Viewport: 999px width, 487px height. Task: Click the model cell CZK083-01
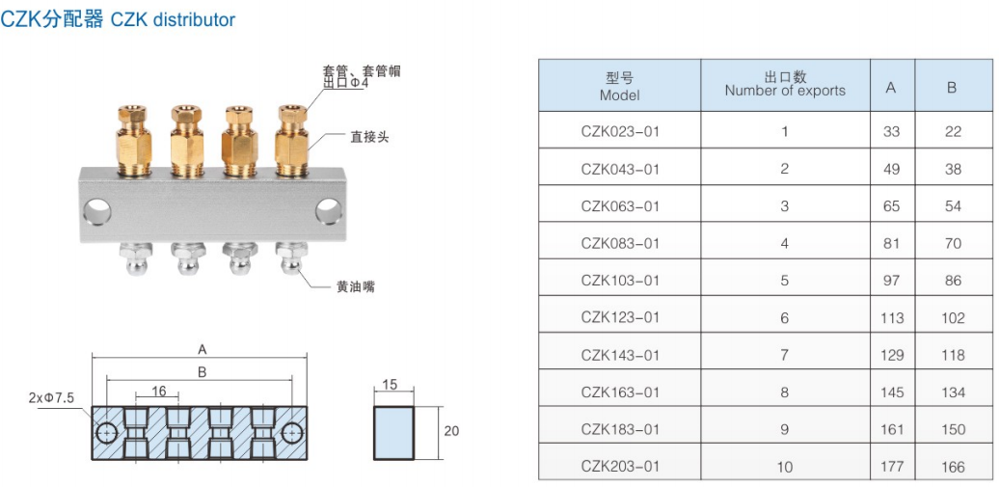pyautogui.click(x=620, y=243)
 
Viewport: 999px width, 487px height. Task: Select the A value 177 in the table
pyautogui.click(x=891, y=467)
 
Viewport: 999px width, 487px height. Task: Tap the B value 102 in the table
pyautogui.click(x=953, y=317)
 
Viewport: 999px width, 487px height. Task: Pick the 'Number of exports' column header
pyautogui.click(x=785, y=85)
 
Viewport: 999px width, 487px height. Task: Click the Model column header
pyautogui.click(x=619, y=87)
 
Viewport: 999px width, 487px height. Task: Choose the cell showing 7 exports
pyautogui.click(x=785, y=355)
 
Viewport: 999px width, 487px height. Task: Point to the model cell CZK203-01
pyautogui.click(x=620, y=467)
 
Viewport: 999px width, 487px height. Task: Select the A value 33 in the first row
pyautogui.click(x=891, y=131)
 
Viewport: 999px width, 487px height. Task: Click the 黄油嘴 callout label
pyautogui.click(x=355, y=286)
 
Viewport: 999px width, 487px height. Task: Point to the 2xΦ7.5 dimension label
pyautogui.click(x=51, y=397)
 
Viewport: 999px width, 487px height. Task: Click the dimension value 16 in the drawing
pyautogui.click(x=158, y=391)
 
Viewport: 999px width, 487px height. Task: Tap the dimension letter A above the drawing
pyautogui.click(x=202, y=349)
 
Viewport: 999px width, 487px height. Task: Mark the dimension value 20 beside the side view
pyautogui.click(x=451, y=431)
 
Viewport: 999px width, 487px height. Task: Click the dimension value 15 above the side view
pyautogui.click(x=390, y=385)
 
